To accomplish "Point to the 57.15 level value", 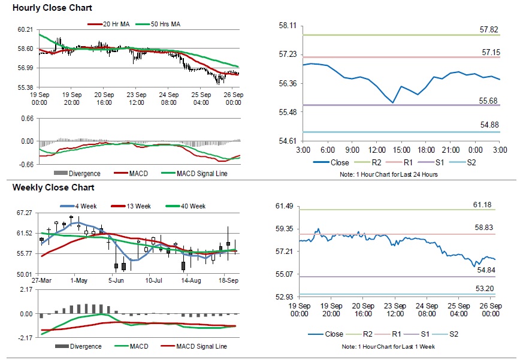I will click(x=491, y=53).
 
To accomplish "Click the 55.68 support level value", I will click(x=491, y=100).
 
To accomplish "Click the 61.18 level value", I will click(x=482, y=205).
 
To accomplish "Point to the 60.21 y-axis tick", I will click(x=25, y=29).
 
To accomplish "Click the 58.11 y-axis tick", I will click(x=289, y=25).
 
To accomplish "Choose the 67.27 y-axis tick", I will click(x=25, y=213).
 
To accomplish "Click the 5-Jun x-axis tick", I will click(x=116, y=280).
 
